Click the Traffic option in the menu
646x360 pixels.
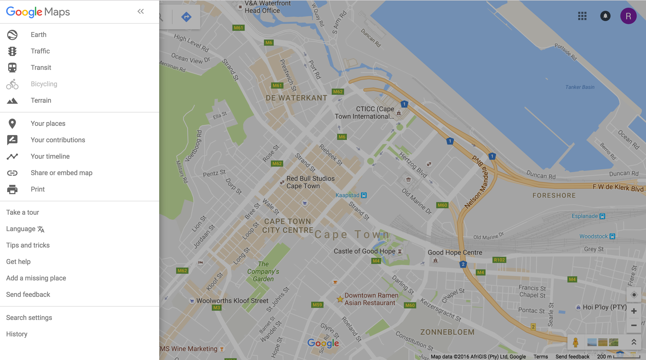click(x=40, y=51)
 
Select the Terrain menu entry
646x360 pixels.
click(x=41, y=100)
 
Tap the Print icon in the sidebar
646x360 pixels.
click(x=12, y=189)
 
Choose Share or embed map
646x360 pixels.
click(x=61, y=173)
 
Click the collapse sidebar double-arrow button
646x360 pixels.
click(x=140, y=11)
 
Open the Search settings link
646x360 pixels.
click(x=29, y=318)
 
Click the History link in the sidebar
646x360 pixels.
click(x=17, y=334)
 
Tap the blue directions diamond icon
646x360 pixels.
click(x=186, y=17)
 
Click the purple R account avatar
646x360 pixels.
click(x=628, y=16)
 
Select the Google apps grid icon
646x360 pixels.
click(x=582, y=16)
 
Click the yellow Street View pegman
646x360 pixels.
click(x=575, y=342)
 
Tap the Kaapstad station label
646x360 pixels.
click(x=348, y=195)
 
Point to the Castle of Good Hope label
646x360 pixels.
click(x=364, y=251)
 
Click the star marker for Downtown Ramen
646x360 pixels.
click(x=340, y=299)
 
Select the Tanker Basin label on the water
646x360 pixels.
click(x=580, y=87)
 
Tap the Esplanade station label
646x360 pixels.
click(x=585, y=216)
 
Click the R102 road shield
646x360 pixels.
click(x=499, y=260)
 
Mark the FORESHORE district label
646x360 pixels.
click(x=554, y=196)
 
